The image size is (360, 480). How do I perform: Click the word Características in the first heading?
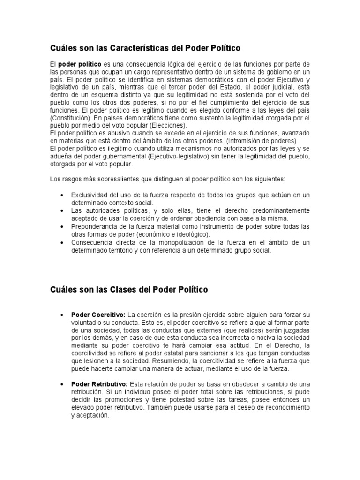(143, 48)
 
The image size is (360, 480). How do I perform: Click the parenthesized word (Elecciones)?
(168, 126)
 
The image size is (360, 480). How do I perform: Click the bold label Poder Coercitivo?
(98, 314)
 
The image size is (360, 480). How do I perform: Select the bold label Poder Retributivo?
(99, 384)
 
